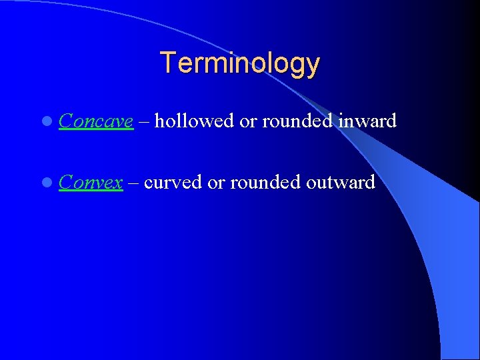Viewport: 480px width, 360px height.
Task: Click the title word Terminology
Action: tap(240, 63)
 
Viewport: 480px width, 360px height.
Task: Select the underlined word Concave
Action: tap(96, 121)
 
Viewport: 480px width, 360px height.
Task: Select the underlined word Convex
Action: tap(91, 182)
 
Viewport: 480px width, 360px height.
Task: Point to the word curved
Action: tap(173, 182)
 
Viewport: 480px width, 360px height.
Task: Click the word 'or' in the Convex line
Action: tap(216, 182)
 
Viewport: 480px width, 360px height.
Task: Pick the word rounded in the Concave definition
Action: tap(298, 121)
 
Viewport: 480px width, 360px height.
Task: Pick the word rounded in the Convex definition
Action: tap(266, 182)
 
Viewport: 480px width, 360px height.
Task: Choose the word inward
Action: tap(368, 121)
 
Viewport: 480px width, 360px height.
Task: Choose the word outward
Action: tap(342, 182)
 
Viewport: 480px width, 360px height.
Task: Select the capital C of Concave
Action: tap(65, 121)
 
